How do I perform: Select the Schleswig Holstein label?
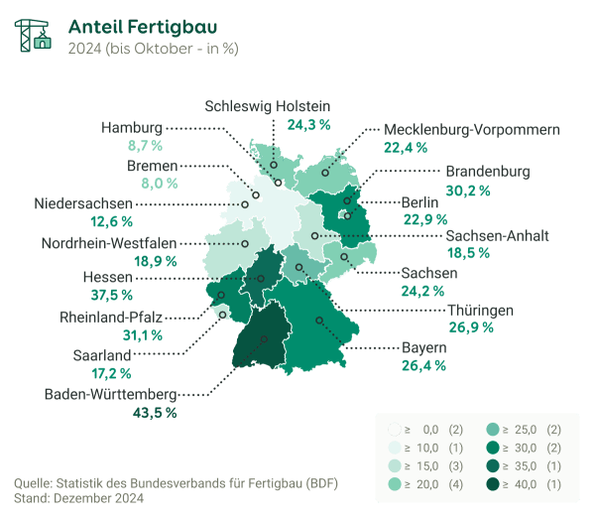point(268,106)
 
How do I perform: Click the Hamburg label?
point(132,128)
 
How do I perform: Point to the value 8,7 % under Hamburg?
point(145,146)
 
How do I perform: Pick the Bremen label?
point(152,165)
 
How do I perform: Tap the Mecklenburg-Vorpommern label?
point(471,129)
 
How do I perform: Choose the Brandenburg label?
point(487,171)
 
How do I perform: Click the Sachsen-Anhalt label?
point(497,235)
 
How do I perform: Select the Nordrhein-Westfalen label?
point(109,242)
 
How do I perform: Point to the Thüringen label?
point(480,310)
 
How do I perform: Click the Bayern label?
point(423,348)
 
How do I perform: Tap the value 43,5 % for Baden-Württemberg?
point(154,412)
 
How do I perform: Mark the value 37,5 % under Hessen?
point(138,295)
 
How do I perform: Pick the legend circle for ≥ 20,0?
point(396,483)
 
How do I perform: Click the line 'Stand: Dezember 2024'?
point(79,498)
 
